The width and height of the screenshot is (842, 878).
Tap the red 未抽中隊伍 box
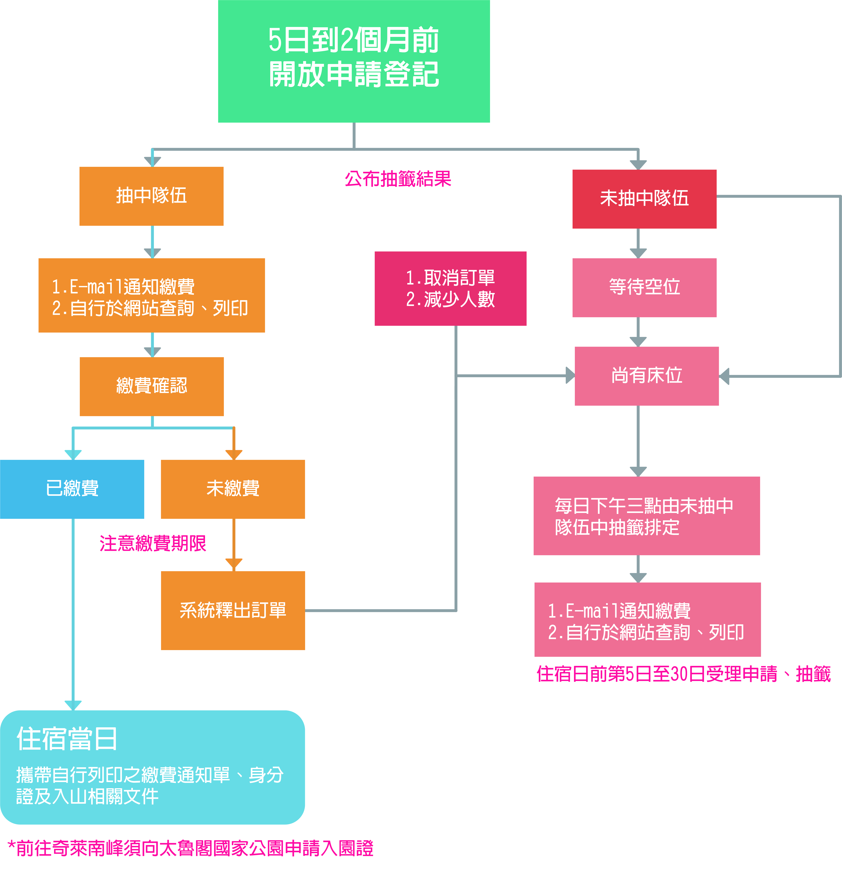tap(644, 198)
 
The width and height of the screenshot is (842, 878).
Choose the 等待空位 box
tap(644, 287)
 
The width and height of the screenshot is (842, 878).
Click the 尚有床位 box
tap(646, 375)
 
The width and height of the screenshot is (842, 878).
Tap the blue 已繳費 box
tap(72, 489)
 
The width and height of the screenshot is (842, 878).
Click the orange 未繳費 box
tap(233, 489)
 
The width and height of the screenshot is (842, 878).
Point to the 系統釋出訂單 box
tap(233, 610)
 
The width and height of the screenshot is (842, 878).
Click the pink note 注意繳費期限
tap(152, 543)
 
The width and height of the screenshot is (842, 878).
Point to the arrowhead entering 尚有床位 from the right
tap(725, 376)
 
